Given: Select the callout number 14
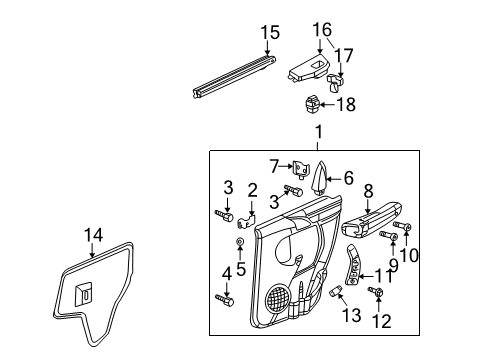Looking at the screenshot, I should pyautogui.click(x=93, y=235).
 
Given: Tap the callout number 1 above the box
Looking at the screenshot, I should pyautogui.click(x=319, y=132).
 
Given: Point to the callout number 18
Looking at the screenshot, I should pyautogui.click(x=347, y=103).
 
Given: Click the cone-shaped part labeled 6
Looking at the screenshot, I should pyautogui.click(x=323, y=179).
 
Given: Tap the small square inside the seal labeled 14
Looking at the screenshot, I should pyautogui.click(x=87, y=293).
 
